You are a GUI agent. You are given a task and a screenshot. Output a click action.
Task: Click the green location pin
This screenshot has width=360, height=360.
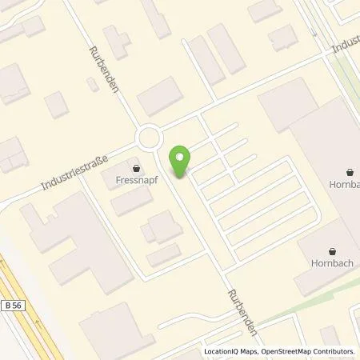(182, 159)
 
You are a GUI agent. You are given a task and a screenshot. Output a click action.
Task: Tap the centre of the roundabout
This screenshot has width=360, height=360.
(149, 139)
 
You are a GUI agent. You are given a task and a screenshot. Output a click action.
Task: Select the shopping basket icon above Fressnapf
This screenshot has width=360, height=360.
(140, 169)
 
